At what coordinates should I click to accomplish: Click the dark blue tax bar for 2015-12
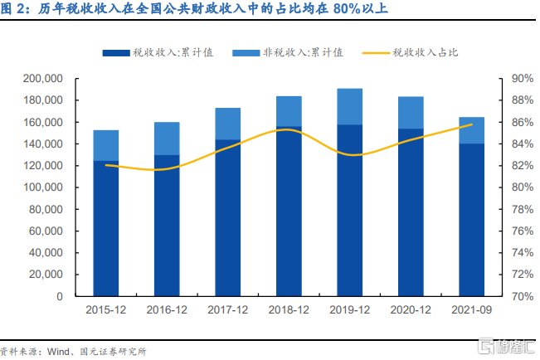coord(105,228)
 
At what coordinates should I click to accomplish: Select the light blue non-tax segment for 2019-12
coord(349,106)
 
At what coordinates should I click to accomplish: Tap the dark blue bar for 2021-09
coord(471,220)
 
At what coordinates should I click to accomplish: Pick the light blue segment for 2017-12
coord(227,124)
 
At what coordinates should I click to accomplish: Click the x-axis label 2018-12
coord(289,309)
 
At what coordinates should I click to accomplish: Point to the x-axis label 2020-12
coord(411,309)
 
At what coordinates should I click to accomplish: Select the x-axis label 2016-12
coord(167,309)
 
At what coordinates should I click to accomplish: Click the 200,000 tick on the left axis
coord(42,79)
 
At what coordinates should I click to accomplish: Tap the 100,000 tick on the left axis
coord(42,187)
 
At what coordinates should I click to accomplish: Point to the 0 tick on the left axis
coord(60,296)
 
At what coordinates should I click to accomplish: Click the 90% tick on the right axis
coord(523,79)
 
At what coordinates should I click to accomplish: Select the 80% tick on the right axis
coord(523,187)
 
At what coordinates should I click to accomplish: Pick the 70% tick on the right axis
coord(523,296)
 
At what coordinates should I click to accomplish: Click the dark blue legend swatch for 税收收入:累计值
coord(116,53)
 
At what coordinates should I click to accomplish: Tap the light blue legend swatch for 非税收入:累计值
coord(246,53)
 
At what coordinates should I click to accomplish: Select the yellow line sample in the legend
coord(376,53)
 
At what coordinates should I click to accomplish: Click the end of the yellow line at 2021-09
coord(472,124)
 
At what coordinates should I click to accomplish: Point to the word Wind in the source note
coord(58,352)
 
